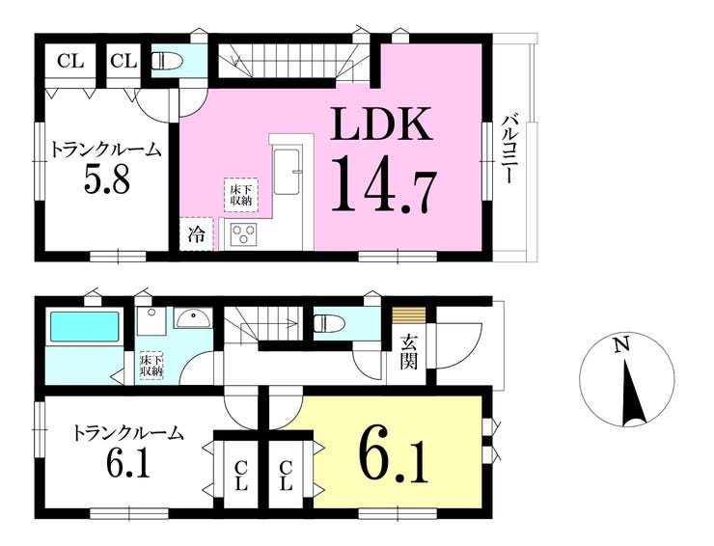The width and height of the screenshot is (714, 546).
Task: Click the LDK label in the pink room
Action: point(381,123)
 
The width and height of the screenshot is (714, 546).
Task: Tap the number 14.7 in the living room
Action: point(383,183)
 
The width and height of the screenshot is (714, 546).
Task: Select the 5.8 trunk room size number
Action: point(106,179)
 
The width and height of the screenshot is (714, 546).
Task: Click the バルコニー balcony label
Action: point(508,149)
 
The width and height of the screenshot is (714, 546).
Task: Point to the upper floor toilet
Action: point(166,60)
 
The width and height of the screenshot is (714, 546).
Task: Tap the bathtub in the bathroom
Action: point(84,326)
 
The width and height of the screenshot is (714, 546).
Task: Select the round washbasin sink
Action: point(194,317)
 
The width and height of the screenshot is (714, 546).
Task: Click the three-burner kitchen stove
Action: point(243,235)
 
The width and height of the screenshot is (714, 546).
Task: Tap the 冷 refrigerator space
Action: point(196,235)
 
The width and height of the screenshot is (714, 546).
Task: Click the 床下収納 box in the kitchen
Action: point(240,195)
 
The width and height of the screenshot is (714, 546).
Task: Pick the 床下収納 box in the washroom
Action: point(151,366)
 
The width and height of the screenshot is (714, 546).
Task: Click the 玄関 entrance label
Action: point(408,351)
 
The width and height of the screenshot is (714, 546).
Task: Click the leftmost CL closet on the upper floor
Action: point(70,61)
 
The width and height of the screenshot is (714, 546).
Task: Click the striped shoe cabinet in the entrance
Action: point(409,314)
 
